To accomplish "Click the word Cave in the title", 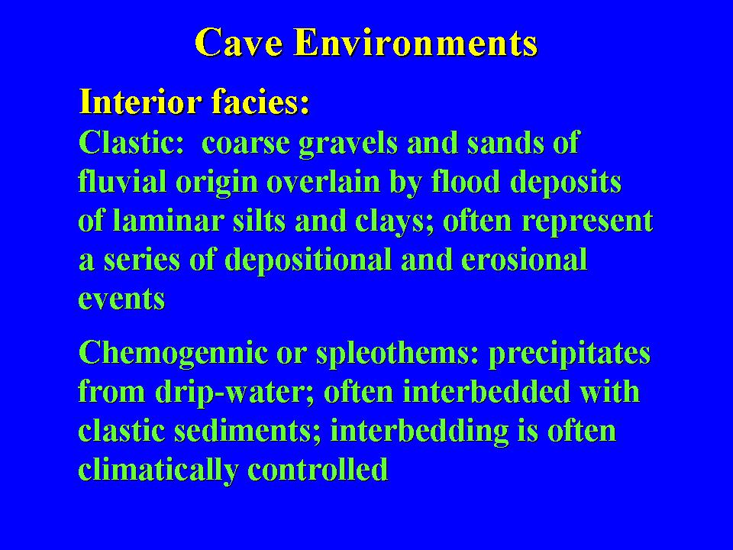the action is point(239,42).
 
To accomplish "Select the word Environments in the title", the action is point(416,42).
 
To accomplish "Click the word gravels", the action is point(348,143).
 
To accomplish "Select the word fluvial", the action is point(122,182).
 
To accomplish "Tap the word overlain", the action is point(323,182).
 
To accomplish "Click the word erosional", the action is point(524,260).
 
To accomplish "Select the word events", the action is point(121,299).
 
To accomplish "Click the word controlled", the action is point(318,470).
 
